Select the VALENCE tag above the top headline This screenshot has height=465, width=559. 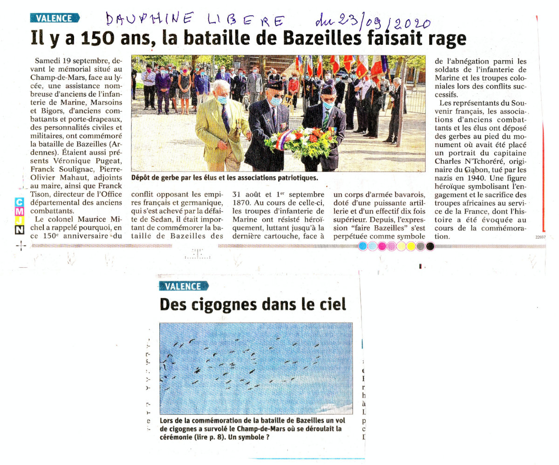tap(55, 19)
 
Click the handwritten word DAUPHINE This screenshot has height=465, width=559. tap(149, 19)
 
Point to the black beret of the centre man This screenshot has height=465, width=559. tap(274, 85)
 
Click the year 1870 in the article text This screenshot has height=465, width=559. tap(243, 202)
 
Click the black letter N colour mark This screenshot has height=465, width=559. tap(19, 229)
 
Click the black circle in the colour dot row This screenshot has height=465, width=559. tap(430, 246)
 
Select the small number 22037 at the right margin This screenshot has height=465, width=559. tap(540, 238)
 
